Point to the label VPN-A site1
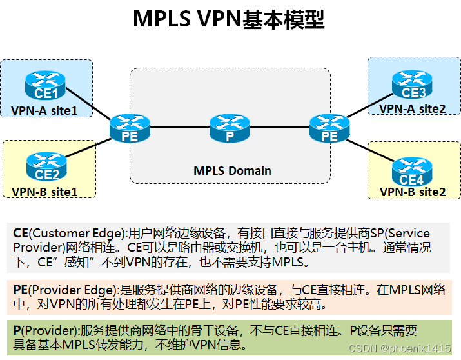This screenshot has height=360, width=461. [44, 110]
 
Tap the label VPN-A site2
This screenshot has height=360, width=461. [413, 108]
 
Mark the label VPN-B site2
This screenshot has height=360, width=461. [413, 192]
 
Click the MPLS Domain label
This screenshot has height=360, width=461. [232, 171]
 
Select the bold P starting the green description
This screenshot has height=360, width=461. [17, 331]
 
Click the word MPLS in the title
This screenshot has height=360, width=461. [161, 19]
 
